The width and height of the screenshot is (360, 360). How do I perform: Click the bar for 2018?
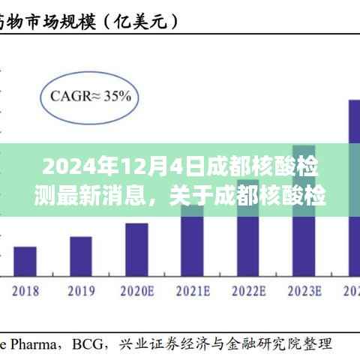coord(25,260)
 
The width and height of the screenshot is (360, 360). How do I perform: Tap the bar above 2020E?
coord(136,248)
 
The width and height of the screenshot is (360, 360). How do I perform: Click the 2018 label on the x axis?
coord(25,290)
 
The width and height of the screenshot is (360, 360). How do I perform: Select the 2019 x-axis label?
coord(81,290)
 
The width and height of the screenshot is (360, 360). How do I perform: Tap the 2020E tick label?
coord(136,290)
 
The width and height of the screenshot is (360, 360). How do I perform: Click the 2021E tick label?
coord(192,290)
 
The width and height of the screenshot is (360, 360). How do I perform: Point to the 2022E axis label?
coord(248,290)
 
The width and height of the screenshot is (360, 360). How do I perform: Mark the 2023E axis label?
coord(304,290)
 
